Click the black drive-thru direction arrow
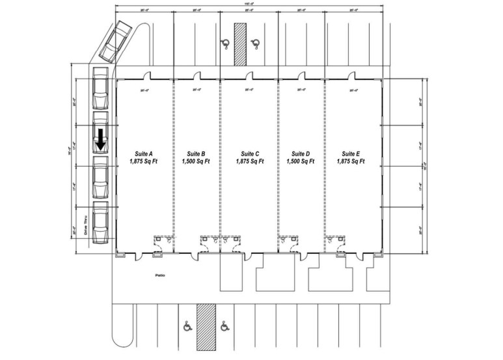102,138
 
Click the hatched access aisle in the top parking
239,44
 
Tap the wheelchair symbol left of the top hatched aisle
224,44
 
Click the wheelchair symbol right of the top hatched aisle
257,44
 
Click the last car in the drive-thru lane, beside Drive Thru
101,224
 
